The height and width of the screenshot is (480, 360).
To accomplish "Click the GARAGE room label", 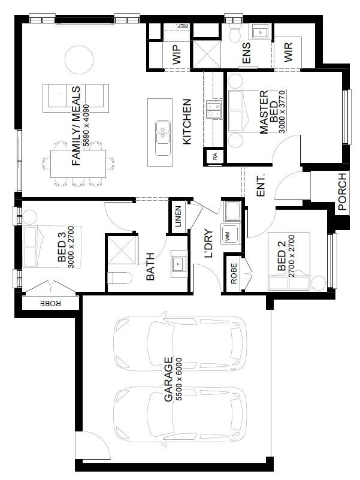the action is click(169, 379).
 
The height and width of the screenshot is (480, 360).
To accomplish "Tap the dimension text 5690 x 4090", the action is click(86, 126).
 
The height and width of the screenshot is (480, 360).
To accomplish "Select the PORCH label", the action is click(342, 191).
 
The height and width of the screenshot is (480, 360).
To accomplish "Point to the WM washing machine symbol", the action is click(229, 234).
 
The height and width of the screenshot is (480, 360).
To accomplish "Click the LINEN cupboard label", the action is click(178, 216).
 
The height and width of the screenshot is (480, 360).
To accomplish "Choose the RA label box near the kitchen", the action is click(215, 157).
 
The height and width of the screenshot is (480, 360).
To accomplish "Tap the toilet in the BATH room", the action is click(120, 278).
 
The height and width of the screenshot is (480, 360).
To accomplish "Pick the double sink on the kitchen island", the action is click(163, 138).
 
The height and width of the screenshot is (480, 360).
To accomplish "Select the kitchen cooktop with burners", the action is click(214, 109).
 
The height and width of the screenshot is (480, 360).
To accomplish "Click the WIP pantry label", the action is click(177, 55).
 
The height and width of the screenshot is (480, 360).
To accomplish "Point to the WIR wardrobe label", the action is click(288, 52).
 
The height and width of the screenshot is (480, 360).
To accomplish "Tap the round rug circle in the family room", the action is click(79, 59).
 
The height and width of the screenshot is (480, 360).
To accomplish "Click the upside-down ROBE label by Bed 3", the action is click(50, 303).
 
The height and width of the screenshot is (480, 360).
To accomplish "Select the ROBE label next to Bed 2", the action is click(234, 273).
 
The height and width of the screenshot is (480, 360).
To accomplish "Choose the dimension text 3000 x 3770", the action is click(282, 111).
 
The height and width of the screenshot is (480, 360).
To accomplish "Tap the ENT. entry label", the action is click(261, 186).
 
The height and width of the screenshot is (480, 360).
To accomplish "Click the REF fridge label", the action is click(182, 26).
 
